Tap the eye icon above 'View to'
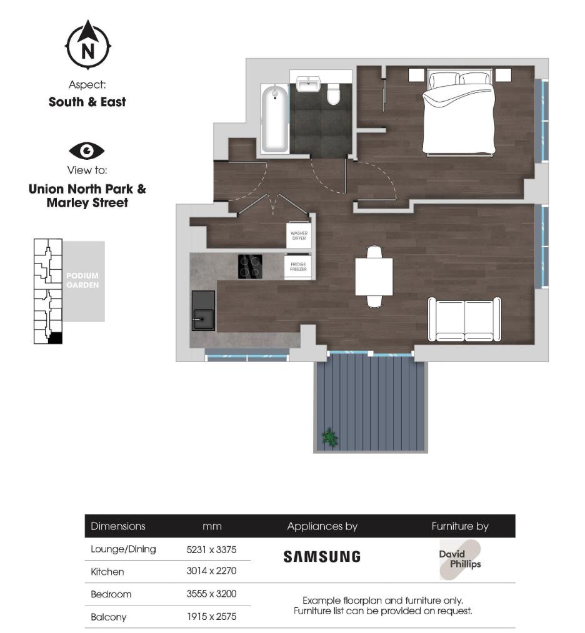(x=87, y=150)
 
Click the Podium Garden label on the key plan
(x=83, y=280)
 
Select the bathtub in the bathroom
(x=275, y=119)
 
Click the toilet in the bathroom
(x=333, y=94)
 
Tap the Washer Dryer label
(x=299, y=235)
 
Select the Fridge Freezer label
(x=298, y=267)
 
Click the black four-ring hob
(x=250, y=267)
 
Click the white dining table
(x=374, y=277)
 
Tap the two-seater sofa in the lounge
(x=464, y=319)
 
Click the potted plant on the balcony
(x=329, y=438)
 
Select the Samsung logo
(x=322, y=556)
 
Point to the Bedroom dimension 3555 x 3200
(x=211, y=594)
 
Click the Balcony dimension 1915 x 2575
(x=211, y=617)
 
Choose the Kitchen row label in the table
(x=107, y=572)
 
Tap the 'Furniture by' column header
(x=460, y=526)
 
